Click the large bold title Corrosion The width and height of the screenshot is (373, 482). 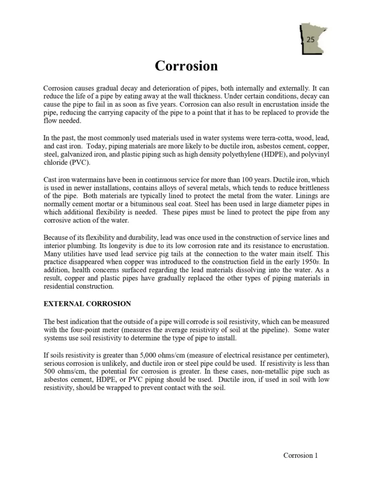[186, 65]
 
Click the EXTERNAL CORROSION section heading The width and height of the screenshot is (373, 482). [87, 304]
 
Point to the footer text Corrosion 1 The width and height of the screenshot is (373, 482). [301, 455]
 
